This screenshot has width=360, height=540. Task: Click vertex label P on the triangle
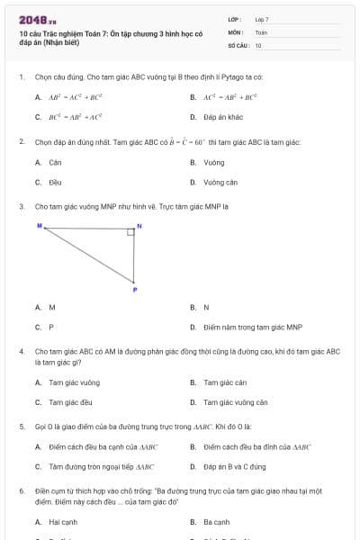135,290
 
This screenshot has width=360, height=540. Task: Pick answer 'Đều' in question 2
55,182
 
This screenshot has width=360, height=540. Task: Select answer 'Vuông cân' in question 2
220,182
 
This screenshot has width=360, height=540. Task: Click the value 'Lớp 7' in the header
262,19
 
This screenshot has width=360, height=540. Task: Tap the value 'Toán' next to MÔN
261,31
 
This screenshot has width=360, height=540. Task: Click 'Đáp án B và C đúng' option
234,467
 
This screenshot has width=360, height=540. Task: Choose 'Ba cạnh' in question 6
217,522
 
